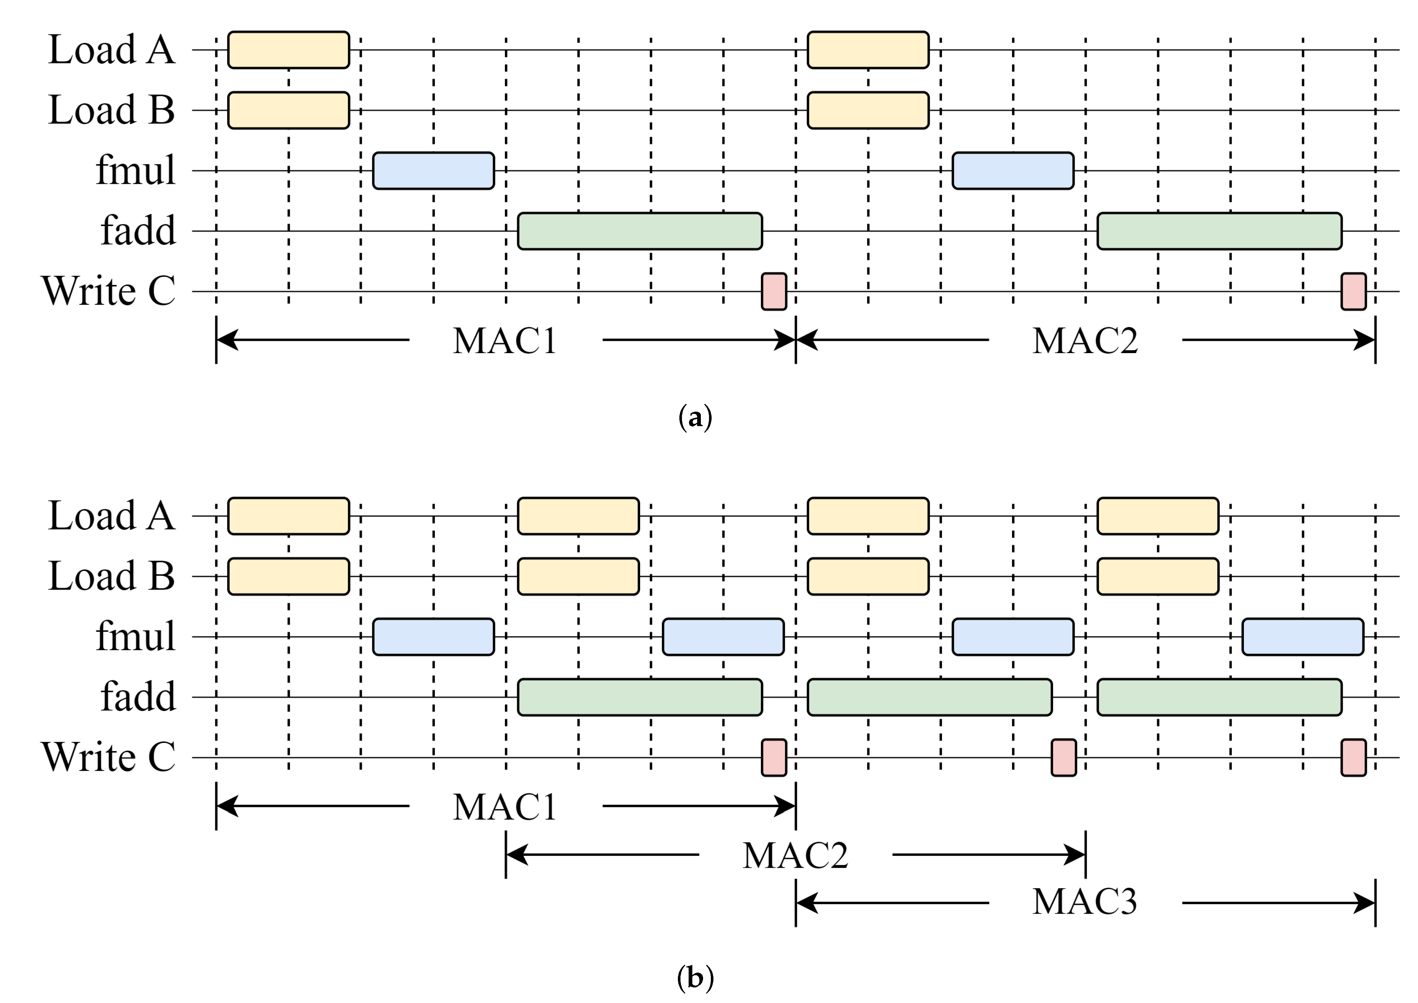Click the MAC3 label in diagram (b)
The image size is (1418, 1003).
point(1085,902)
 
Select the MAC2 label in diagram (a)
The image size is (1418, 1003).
point(1085,340)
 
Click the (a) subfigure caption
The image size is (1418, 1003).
point(695,418)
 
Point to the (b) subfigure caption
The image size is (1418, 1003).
point(695,978)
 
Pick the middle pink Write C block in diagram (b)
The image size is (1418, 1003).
point(1063,757)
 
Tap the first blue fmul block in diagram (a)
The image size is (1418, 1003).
point(433,170)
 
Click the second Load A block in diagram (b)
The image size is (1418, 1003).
point(578,516)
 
